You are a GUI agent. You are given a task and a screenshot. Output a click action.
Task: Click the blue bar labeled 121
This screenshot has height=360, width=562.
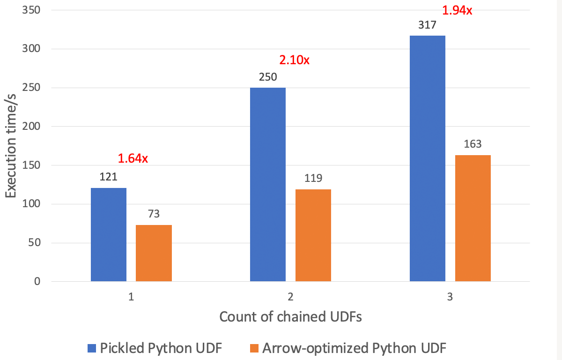point(109,234)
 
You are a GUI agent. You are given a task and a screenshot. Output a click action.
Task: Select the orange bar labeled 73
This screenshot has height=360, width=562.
point(154,253)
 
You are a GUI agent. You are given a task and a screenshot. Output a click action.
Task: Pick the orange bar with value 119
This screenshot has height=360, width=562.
point(313,235)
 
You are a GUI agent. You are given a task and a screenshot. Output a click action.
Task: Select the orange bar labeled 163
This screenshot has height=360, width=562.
point(473,218)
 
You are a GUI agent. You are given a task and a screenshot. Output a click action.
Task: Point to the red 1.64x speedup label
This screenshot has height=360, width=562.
point(133,159)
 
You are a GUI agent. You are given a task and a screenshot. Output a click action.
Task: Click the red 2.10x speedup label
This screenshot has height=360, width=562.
point(295,60)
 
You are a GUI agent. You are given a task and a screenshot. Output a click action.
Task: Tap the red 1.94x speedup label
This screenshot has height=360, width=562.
point(457,10)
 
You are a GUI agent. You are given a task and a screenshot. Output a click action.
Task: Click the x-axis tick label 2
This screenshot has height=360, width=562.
point(290,297)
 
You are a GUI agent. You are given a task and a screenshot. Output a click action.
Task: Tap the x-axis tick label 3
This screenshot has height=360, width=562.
point(450,297)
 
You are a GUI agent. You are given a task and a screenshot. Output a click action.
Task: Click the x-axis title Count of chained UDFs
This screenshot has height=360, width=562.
point(290,317)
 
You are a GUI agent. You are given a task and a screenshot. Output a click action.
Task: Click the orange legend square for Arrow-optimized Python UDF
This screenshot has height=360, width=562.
point(254,348)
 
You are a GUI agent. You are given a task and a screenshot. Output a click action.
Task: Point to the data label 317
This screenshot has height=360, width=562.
point(427,25)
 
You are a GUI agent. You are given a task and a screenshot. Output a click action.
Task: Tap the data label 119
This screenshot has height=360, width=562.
point(313,179)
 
